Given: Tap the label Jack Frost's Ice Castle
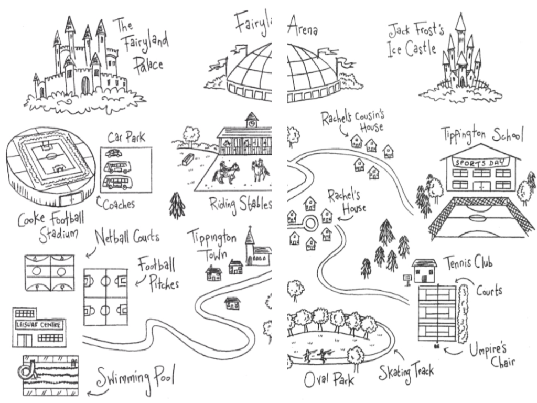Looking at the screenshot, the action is [x=414, y=39].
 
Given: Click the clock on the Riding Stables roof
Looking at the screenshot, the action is [x=252, y=123].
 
